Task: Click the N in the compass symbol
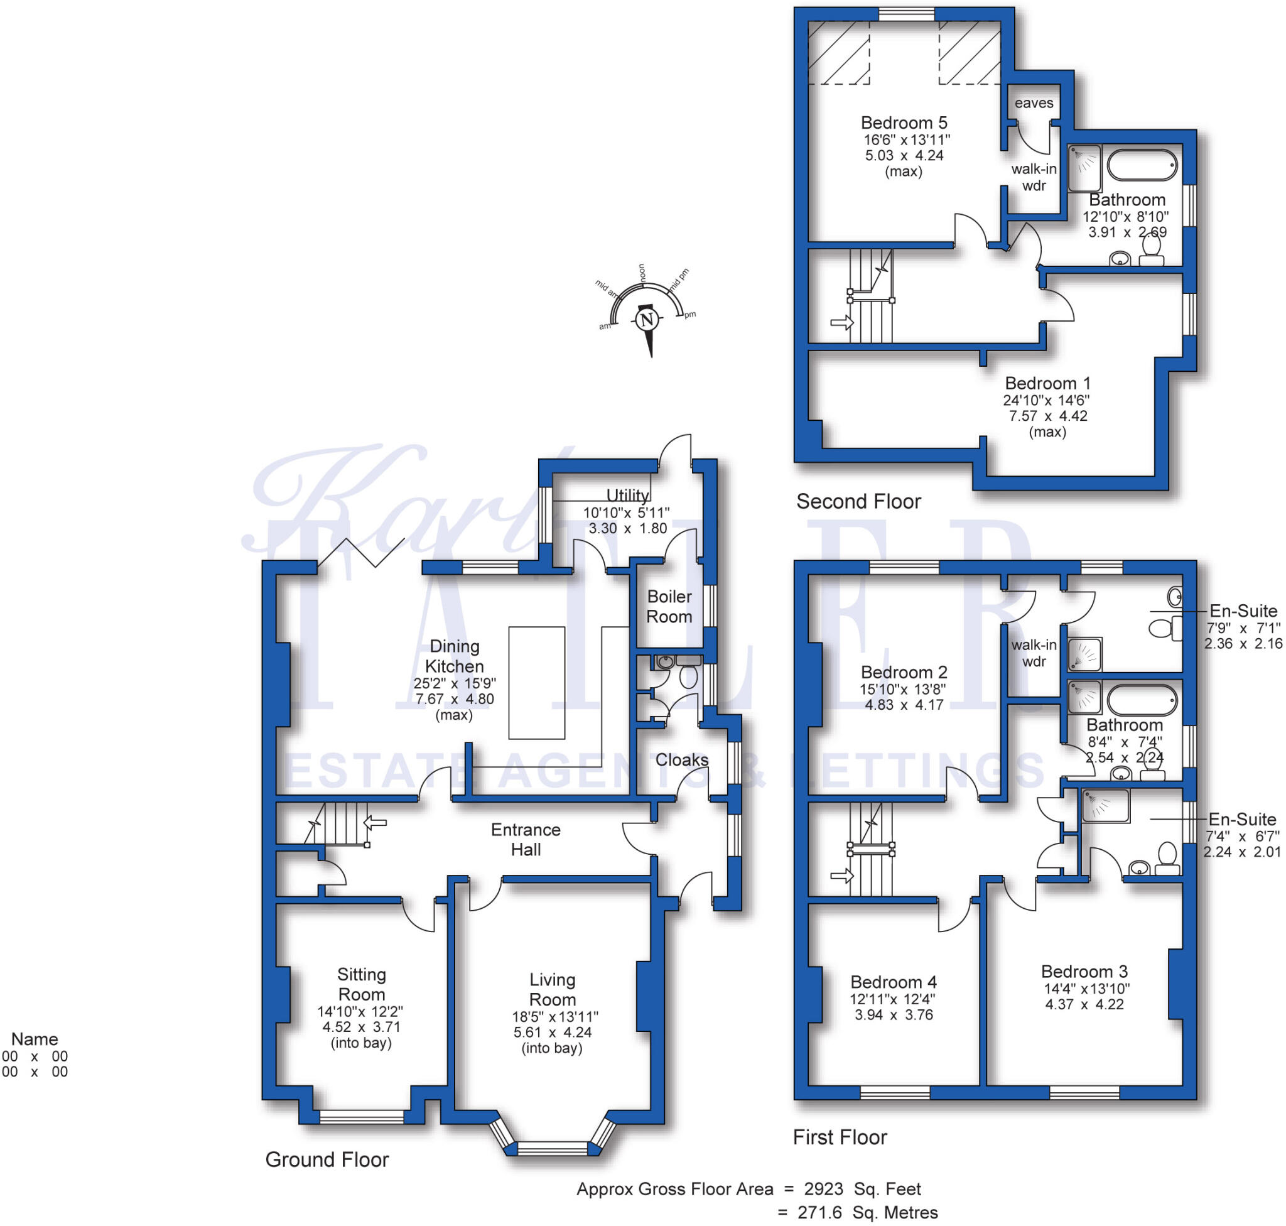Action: [647, 320]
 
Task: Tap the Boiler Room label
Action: [669, 607]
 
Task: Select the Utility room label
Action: [627, 496]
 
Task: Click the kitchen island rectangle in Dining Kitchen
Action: [536, 683]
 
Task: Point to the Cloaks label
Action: [681, 760]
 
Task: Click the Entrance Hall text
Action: [526, 840]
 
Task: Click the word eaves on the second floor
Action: [1034, 103]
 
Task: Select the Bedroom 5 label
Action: [904, 123]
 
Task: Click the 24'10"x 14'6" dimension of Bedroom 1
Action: [1046, 400]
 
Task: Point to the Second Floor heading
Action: [858, 502]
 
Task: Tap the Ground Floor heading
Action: [327, 1160]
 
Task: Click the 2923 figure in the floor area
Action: [823, 1190]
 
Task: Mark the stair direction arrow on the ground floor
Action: [375, 823]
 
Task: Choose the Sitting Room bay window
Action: [361, 1117]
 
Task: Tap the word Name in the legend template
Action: [35, 1039]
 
